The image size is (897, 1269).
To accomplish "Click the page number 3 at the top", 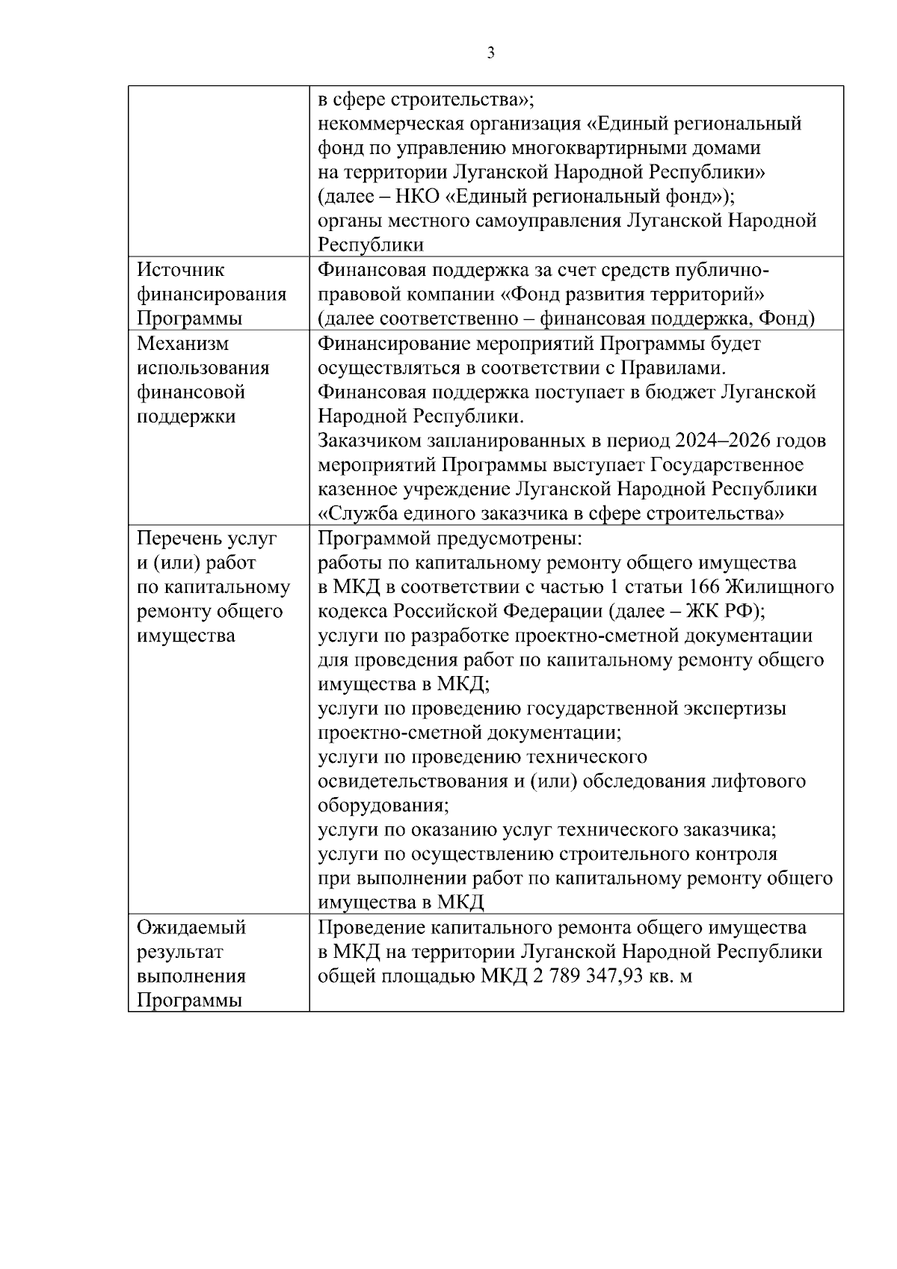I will coord(490,53).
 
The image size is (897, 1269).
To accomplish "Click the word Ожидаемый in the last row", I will coord(192,928).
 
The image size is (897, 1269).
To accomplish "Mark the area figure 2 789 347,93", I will coord(597,977).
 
